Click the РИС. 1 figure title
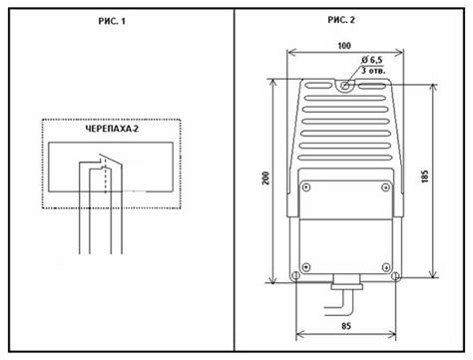pos(112,21)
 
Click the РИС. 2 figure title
pos(341,20)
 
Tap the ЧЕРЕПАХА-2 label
pos(112,129)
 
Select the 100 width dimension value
pos(344,46)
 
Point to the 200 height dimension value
pos(265,179)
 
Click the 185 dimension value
pos(424,177)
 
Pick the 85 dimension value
pos(346,326)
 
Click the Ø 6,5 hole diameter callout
pos(372,60)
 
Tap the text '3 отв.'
pos(373,71)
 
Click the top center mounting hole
pos(345,86)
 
